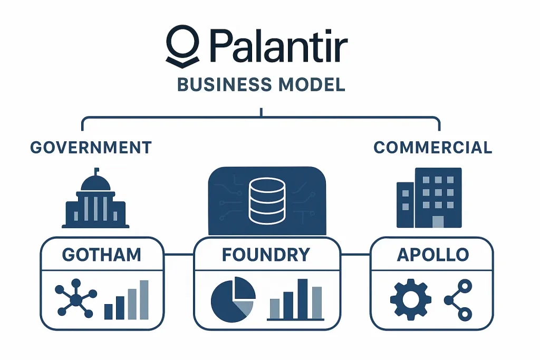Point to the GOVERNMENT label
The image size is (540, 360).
(x=91, y=147)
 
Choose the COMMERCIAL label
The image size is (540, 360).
(x=432, y=147)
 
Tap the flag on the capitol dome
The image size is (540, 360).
(x=97, y=171)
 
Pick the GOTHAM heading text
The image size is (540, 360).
(x=101, y=255)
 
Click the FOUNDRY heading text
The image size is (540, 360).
(x=266, y=255)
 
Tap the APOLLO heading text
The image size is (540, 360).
(x=432, y=255)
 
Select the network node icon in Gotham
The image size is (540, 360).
(x=76, y=300)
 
